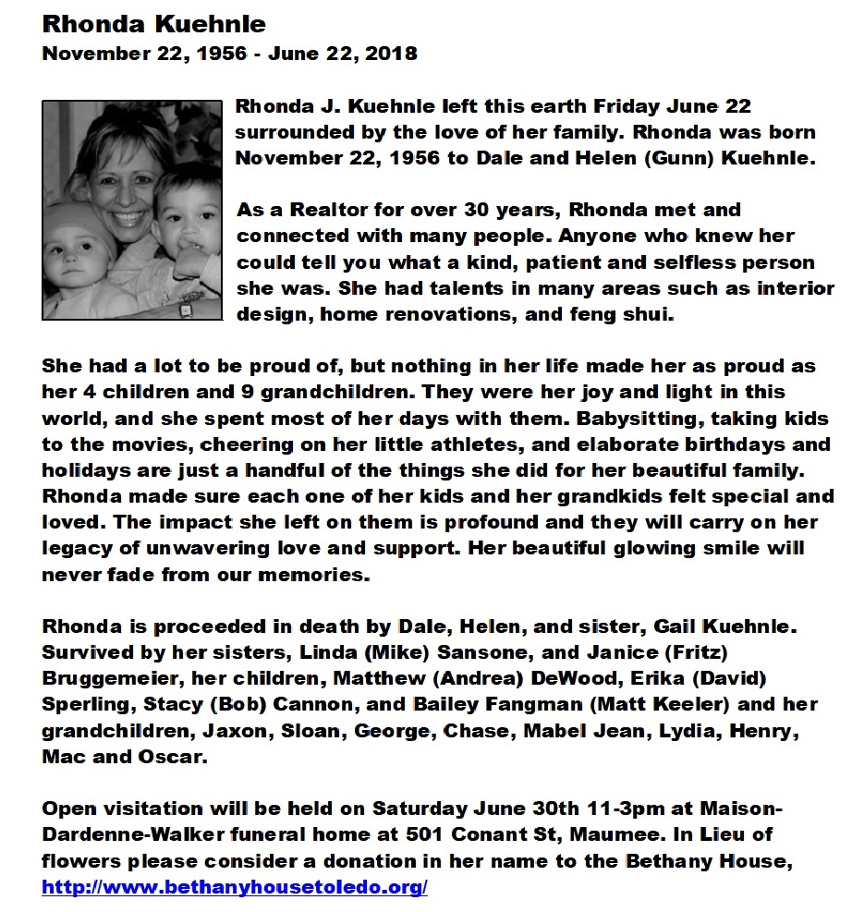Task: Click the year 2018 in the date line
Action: point(391,54)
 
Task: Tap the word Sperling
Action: point(88,705)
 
